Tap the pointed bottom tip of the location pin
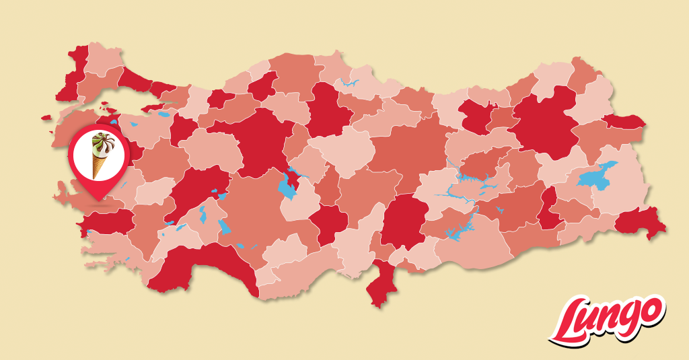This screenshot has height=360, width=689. click(x=100, y=200)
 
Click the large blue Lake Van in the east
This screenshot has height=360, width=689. click(x=596, y=177)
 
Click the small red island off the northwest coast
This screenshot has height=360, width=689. click(x=46, y=118)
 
